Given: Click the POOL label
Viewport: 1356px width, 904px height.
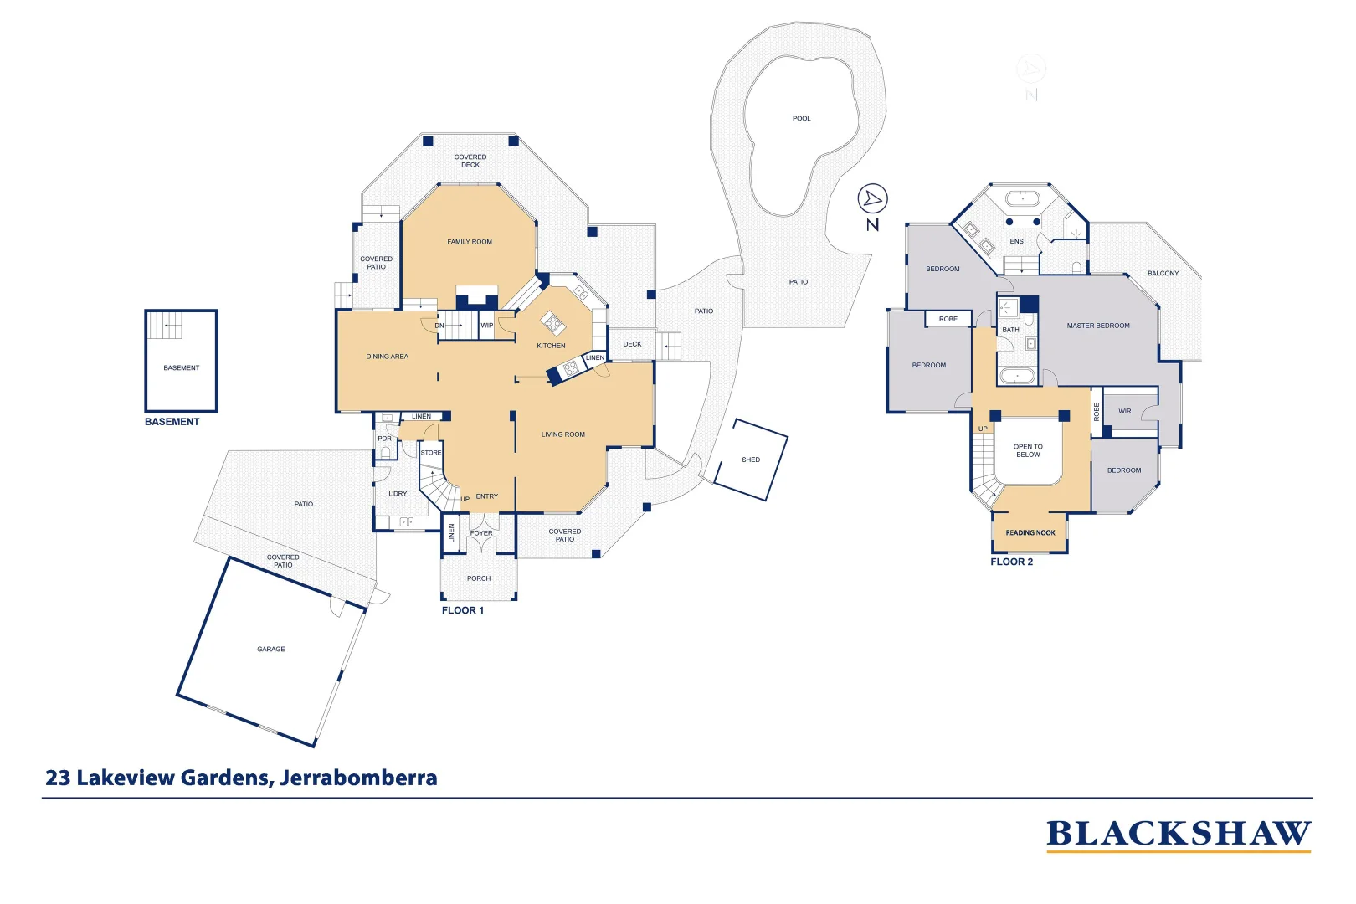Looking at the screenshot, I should point(801,118).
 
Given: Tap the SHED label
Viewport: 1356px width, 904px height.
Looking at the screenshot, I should point(750,460).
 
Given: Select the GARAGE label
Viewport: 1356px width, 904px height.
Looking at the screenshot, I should point(270,649).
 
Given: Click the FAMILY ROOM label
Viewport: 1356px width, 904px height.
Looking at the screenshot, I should point(470,242).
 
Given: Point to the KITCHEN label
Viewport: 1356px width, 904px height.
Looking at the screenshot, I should point(551,346).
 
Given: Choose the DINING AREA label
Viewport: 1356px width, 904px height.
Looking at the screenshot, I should point(387,357).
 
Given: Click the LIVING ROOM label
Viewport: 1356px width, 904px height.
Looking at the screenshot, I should point(562,434).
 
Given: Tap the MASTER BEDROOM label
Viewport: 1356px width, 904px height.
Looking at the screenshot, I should point(1097,326).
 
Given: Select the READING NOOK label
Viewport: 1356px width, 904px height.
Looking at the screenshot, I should point(1030,532).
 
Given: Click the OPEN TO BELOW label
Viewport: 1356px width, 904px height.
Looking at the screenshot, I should point(1028,450).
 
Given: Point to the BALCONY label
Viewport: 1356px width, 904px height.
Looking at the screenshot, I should point(1163,273).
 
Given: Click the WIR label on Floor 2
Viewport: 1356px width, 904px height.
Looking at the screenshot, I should point(1124,411).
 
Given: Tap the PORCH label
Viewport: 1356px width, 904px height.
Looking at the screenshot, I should point(479,578).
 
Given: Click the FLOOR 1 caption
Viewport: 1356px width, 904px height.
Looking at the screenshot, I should point(462,610).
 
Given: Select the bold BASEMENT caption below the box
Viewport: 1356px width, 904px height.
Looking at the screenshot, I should point(172,422).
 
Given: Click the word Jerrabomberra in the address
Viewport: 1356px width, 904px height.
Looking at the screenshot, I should point(358,778).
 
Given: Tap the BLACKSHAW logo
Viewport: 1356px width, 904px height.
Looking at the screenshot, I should point(1178,835).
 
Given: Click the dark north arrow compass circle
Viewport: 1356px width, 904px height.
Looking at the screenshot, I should point(872,199).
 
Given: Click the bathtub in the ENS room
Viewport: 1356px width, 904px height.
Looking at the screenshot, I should point(1022,199).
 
